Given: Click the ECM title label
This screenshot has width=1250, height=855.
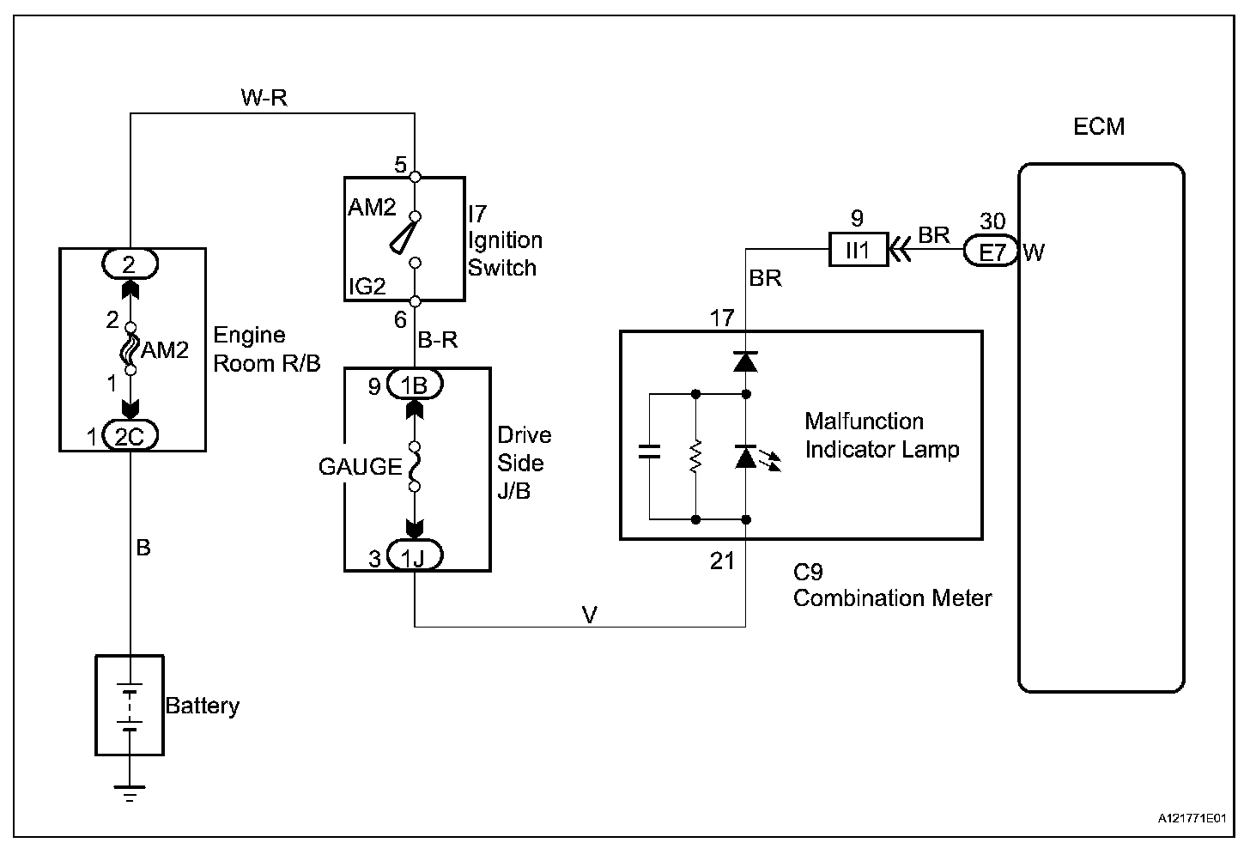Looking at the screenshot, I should click(x=1099, y=127).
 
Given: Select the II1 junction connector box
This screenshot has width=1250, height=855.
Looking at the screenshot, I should click(x=858, y=251).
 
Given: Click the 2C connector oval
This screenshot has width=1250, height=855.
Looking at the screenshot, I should click(x=129, y=436).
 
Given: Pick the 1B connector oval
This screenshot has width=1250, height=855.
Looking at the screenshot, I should click(x=415, y=385).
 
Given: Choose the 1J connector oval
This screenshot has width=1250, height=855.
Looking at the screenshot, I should click(x=415, y=558).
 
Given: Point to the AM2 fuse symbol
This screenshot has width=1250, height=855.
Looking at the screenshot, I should click(x=130, y=349).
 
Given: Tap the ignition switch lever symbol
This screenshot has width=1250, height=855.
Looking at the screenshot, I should click(x=404, y=238).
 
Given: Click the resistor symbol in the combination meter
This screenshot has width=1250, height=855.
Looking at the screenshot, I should click(x=695, y=457).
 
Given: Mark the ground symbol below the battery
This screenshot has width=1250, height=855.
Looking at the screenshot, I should click(x=130, y=791).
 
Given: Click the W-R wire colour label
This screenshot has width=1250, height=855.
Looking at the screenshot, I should click(x=264, y=98).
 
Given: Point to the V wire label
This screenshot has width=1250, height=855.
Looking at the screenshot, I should click(x=589, y=615).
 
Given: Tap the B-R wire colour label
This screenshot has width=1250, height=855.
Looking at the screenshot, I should click(x=438, y=341).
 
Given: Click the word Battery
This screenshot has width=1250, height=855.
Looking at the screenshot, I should click(x=203, y=706).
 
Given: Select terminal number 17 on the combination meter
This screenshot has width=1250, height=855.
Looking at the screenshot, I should click(x=722, y=318).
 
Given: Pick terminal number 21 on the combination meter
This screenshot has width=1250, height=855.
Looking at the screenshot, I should click(x=722, y=561).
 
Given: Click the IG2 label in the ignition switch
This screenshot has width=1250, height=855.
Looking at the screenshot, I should click(x=367, y=287).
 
